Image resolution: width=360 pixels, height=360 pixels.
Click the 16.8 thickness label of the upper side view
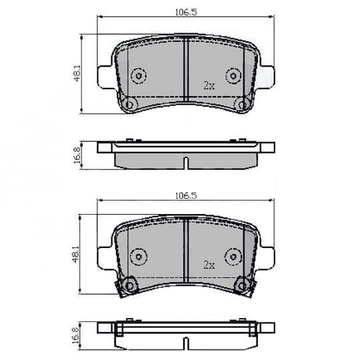click(x=77, y=155)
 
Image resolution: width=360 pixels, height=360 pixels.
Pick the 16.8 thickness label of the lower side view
click(x=77, y=333)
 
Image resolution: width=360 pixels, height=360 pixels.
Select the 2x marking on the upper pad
click(x=209, y=85)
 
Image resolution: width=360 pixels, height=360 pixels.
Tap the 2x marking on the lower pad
click(x=209, y=265)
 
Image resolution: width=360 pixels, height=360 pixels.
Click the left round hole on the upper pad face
click(x=139, y=75)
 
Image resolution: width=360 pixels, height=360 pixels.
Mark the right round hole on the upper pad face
click(x=233, y=75)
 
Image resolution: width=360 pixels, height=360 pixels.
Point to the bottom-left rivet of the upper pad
click(x=131, y=104)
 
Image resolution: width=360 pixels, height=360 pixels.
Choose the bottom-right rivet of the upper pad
click(x=241, y=104)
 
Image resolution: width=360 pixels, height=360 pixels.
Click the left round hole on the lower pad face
click(x=139, y=255)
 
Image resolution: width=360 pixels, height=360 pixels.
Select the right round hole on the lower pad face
click(x=233, y=255)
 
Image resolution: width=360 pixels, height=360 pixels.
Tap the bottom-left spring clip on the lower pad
click(x=129, y=285)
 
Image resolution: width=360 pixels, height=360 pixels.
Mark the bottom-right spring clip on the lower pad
click(x=243, y=285)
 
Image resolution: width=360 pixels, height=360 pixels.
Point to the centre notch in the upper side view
click(x=186, y=162)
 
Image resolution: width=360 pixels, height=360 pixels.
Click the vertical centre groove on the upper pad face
click(x=185, y=67)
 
